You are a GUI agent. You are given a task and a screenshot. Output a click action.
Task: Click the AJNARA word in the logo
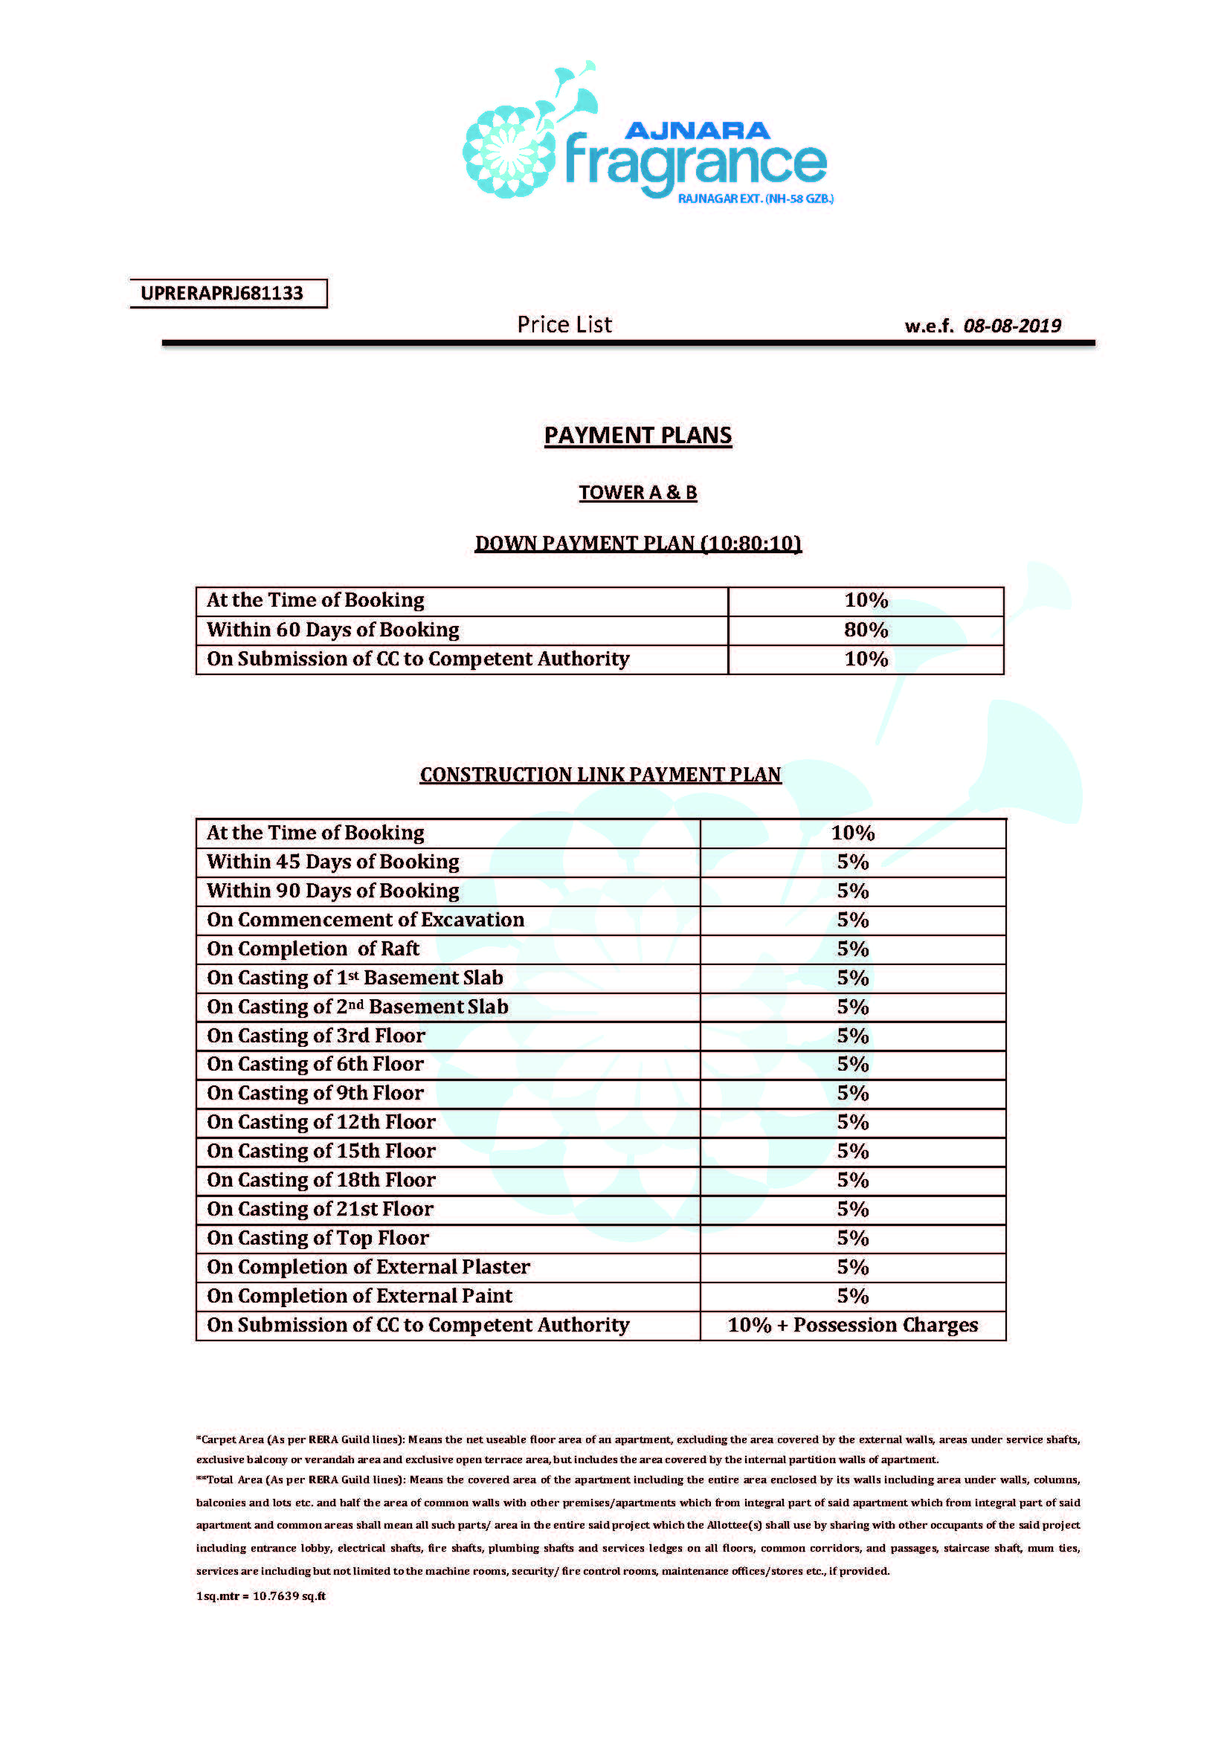(697, 131)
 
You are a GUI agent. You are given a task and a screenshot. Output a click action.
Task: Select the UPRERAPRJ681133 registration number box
(228, 293)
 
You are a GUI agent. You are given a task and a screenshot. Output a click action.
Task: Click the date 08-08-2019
(1012, 326)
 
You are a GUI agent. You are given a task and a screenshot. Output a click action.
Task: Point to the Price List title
(564, 325)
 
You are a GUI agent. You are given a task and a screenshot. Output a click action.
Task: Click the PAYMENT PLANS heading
(638, 436)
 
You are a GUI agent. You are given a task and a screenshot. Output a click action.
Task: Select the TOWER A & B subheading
(638, 492)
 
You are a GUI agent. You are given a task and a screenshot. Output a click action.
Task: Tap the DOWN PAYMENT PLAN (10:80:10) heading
(638, 543)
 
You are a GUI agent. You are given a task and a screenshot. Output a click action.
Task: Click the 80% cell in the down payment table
(866, 630)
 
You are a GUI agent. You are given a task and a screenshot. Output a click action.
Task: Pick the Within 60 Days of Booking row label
(333, 630)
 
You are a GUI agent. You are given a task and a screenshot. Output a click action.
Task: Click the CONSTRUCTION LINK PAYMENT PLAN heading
(601, 774)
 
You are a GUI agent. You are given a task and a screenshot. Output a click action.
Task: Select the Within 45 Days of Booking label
(333, 862)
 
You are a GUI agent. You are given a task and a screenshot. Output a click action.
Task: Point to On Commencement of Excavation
(366, 920)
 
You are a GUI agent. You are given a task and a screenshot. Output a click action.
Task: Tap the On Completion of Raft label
(313, 949)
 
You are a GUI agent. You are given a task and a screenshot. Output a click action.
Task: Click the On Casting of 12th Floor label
(321, 1122)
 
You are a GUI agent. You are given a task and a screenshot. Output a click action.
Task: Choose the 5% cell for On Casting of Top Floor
(853, 1238)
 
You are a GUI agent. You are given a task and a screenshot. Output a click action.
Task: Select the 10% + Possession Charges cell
(853, 1325)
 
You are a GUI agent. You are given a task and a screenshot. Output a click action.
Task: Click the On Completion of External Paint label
(360, 1296)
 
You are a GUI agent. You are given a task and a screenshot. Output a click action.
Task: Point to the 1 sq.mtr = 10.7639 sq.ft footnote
(260, 1596)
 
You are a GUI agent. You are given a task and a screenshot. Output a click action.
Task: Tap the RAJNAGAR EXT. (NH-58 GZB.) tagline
(755, 199)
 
